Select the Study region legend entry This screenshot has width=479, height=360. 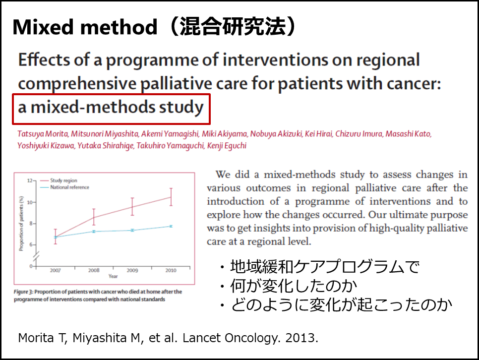(59, 180)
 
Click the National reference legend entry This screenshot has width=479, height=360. (65, 187)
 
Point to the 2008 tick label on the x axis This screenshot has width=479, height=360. (94, 270)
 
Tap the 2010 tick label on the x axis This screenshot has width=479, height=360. (171, 270)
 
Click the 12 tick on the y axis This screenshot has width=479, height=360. (30, 180)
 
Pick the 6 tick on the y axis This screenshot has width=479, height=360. (31, 244)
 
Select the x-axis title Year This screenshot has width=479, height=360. (113, 276)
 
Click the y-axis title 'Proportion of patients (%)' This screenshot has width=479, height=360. (21, 224)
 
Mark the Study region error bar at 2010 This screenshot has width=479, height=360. (171, 197)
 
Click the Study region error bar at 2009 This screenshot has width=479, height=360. (132, 207)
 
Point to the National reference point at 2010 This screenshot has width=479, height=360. (171, 226)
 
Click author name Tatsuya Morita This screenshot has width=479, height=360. (43, 134)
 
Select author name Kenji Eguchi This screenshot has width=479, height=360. (227, 145)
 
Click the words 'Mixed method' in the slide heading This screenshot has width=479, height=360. (85, 27)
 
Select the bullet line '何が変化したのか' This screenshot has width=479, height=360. (293, 286)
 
